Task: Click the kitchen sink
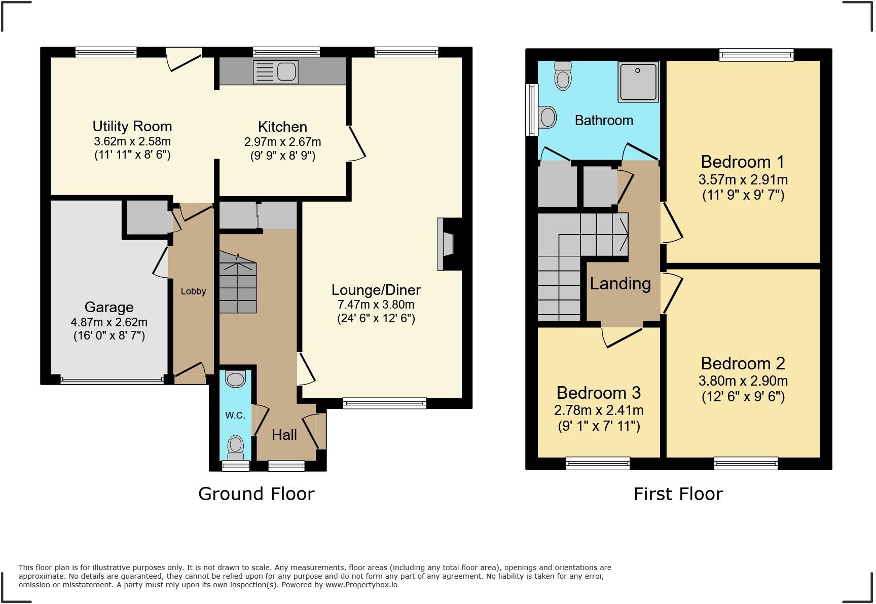(x=276, y=71)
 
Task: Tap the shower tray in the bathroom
(x=638, y=81)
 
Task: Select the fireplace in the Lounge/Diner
(x=446, y=245)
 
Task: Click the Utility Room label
(x=132, y=126)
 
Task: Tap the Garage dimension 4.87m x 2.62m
(x=109, y=322)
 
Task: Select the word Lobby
(x=193, y=291)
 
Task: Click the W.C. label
(x=235, y=416)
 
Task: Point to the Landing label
(x=620, y=283)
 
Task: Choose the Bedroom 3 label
(x=598, y=393)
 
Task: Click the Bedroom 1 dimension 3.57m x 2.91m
(x=743, y=179)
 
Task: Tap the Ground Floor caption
(x=256, y=494)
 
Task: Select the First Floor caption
(x=678, y=494)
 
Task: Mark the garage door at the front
(x=112, y=380)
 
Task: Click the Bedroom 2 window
(x=745, y=462)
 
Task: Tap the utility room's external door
(x=184, y=59)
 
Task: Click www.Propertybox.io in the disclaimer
(x=361, y=585)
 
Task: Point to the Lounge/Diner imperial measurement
(x=376, y=318)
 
